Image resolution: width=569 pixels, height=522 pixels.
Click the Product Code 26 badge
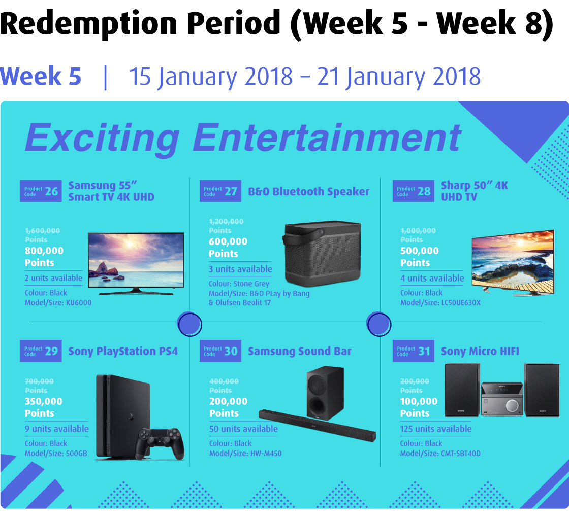41,191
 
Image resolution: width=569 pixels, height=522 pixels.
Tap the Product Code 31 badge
414,351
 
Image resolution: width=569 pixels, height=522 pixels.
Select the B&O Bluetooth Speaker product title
308,191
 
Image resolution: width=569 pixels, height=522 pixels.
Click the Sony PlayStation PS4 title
123,351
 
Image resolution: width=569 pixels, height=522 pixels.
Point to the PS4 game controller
160,443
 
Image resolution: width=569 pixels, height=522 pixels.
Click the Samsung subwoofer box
325,393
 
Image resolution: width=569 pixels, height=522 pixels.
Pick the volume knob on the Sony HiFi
512,405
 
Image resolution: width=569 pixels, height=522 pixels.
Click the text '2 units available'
54,278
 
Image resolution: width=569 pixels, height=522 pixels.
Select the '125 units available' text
436,429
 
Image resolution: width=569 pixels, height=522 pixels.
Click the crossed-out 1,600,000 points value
43,231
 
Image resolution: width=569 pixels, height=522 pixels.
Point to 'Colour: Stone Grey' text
239,284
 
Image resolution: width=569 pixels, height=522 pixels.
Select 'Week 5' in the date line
41,76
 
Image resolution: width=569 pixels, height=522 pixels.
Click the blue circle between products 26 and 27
189,324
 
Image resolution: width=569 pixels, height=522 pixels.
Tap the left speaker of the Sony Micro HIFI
462,390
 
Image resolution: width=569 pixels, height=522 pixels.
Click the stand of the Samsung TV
136,292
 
